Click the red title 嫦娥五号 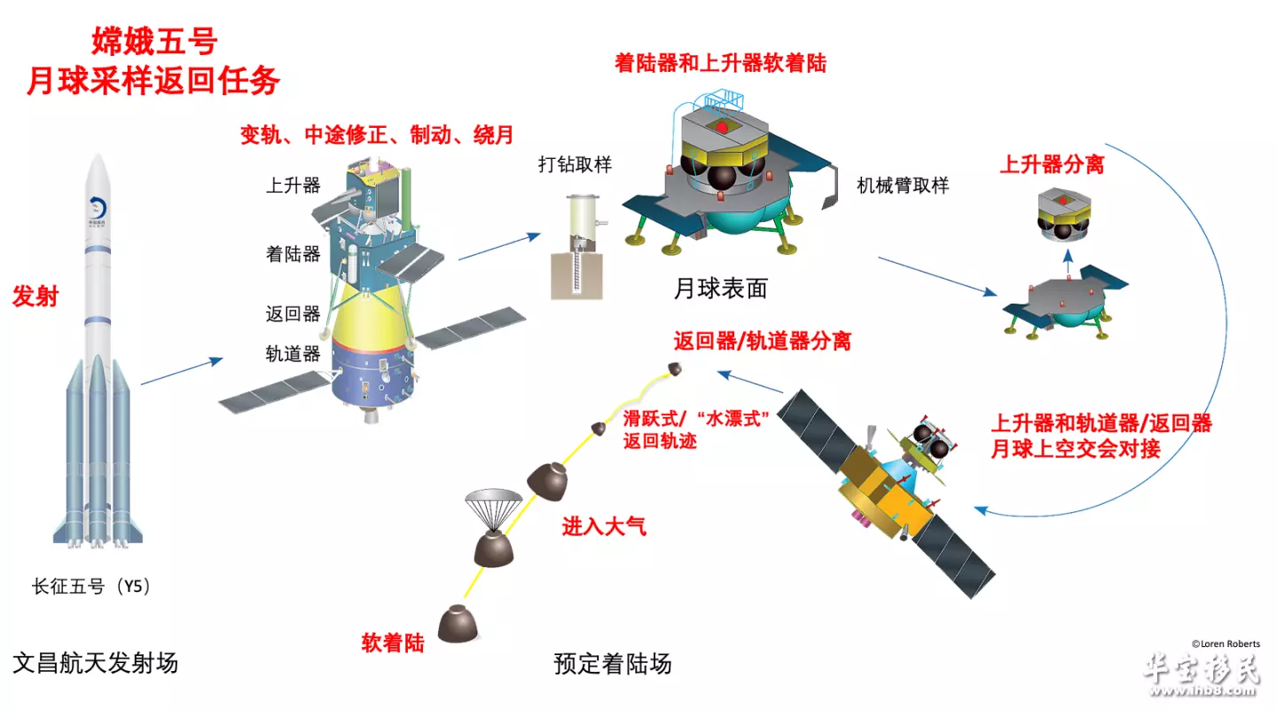[x=154, y=41]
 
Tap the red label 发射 [x=35, y=296]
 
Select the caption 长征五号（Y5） [x=91, y=586]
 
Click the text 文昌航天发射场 [x=95, y=663]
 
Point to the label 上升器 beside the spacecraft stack [x=293, y=186]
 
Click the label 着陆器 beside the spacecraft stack [x=293, y=254]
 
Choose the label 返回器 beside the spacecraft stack [x=293, y=314]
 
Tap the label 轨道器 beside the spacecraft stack [x=293, y=354]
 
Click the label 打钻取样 [x=575, y=165]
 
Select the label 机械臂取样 [x=903, y=186]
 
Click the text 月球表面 [x=721, y=288]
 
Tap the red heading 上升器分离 [x=1052, y=164]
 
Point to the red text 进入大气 [x=604, y=526]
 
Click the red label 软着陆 [x=393, y=643]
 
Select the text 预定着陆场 [x=612, y=664]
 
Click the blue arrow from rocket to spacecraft [x=182, y=371]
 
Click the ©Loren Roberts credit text [x=1226, y=644]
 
